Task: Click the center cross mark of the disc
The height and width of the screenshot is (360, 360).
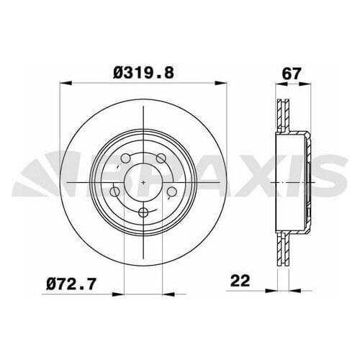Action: point(144,183)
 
